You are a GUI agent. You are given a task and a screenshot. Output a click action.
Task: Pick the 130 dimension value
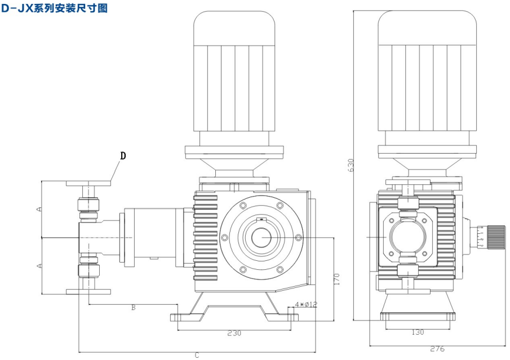[x=418, y=332]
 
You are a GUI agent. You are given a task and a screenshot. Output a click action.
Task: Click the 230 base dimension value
[x=234, y=333]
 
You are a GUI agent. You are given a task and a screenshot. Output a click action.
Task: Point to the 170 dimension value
[x=336, y=279]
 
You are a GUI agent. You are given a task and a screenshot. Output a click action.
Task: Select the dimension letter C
[x=197, y=355]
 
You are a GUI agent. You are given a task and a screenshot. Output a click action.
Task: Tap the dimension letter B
[x=134, y=308]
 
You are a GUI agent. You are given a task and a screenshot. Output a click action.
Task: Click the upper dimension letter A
[x=38, y=209]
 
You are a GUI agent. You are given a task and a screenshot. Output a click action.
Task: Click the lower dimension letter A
[x=38, y=265]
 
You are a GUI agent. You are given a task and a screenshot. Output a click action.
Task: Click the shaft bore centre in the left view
[x=261, y=238]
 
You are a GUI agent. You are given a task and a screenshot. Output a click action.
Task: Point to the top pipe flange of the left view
[x=89, y=183]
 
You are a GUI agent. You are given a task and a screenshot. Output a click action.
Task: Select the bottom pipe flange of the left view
[x=89, y=291]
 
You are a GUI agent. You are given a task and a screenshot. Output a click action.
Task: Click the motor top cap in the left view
[x=234, y=25]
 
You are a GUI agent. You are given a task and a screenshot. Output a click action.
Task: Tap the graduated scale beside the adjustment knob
[x=481, y=237]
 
